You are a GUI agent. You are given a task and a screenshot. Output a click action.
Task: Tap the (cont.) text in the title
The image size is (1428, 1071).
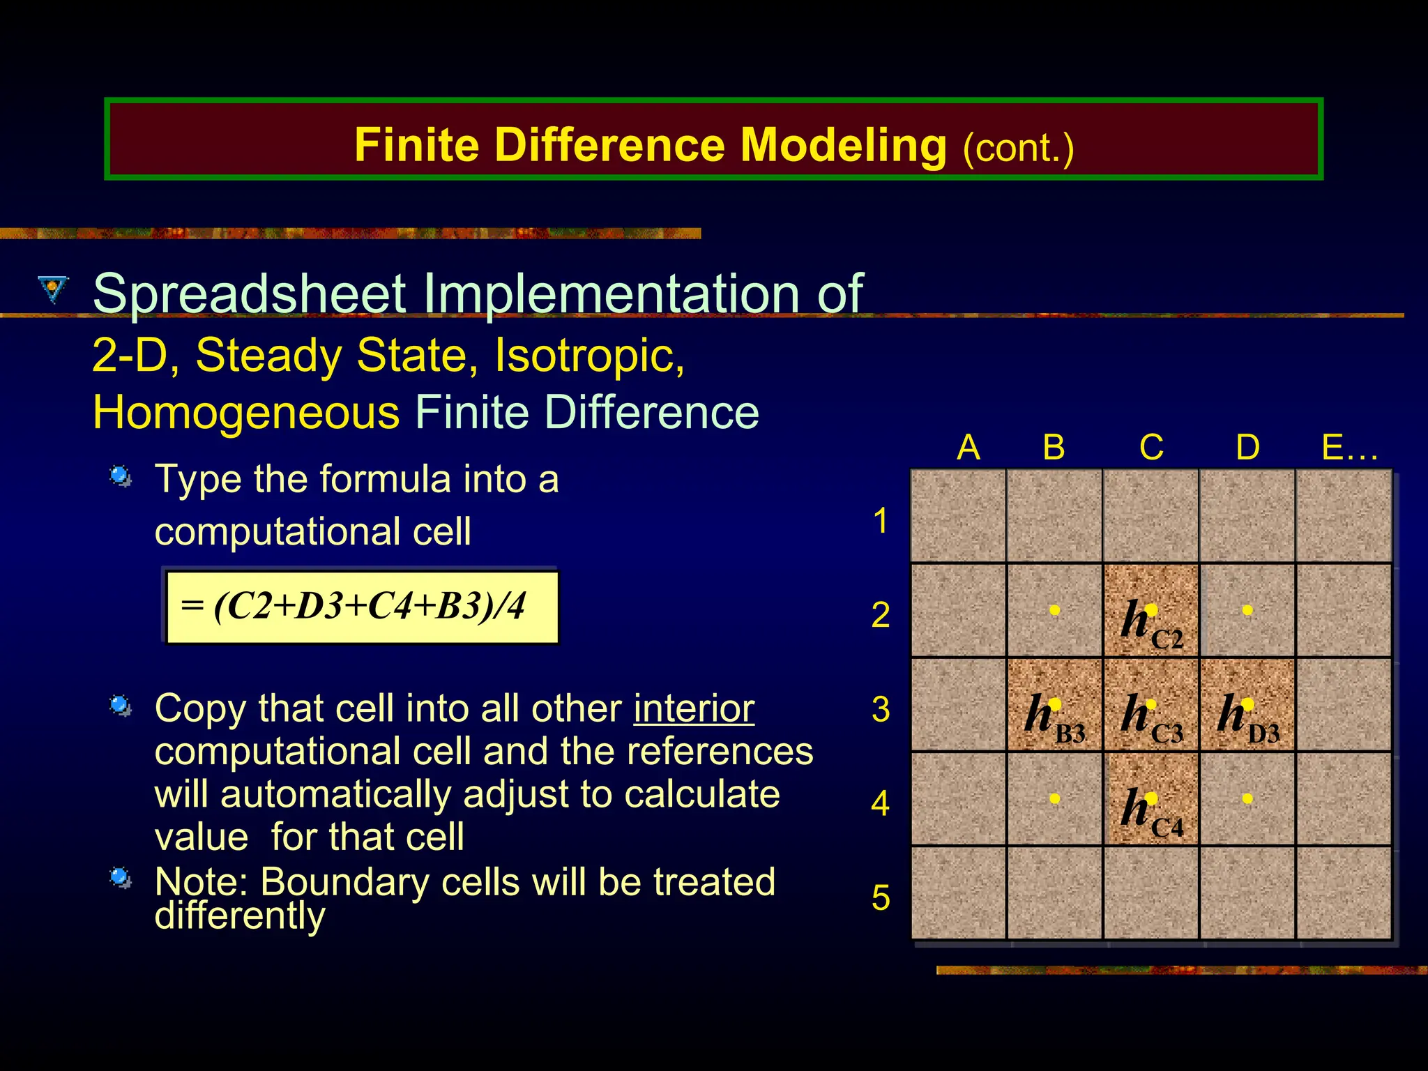pyautogui.click(x=1018, y=148)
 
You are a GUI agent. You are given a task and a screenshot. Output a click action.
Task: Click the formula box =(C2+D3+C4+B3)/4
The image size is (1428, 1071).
pyautogui.click(x=362, y=606)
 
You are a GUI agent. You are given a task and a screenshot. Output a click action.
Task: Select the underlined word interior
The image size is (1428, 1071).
pyautogui.click(x=694, y=709)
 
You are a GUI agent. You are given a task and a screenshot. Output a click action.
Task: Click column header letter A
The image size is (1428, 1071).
pyautogui.click(x=968, y=447)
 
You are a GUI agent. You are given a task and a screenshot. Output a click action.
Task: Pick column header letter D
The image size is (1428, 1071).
pyautogui.click(x=1247, y=447)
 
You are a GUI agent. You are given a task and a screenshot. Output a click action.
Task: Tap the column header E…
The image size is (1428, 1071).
pyautogui.click(x=1349, y=447)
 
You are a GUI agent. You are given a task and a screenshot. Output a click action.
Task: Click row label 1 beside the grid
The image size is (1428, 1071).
pyautogui.click(x=881, y=521)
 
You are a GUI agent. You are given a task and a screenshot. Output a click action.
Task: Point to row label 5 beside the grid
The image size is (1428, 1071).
pyautogui.click(x=881, y=897)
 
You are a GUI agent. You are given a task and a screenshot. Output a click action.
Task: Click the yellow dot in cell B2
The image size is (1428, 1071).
pyautogui.click(x=1055, y=610)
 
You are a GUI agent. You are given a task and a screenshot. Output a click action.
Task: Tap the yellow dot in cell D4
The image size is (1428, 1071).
pyautogui.click(x=1247, y=798)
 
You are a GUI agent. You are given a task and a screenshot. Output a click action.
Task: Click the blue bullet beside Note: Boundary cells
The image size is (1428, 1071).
pyautogui.click(x=121, y=877)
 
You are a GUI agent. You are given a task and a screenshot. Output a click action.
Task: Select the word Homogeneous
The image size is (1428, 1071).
pyautogui.click(x=246, y=412)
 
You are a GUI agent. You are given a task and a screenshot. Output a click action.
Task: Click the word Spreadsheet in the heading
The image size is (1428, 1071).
pyautogui.click(x=249, y=294)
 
